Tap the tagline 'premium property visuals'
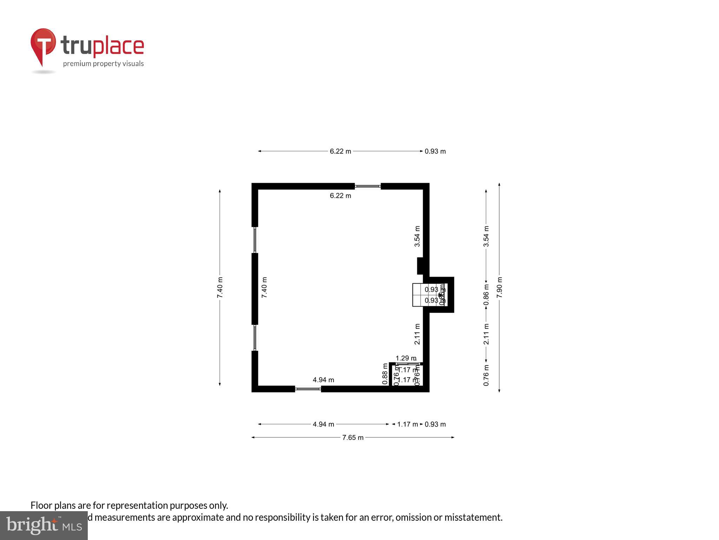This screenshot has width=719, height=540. click(x=103, y=64)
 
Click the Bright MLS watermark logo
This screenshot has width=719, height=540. click(x=44, y=525)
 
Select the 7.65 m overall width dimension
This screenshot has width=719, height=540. click(x=353, y=437)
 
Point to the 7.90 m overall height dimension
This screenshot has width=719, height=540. click(x=499, y=287)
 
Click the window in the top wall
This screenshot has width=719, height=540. click(x=368, y=186)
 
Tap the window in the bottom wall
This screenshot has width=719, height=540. click(x=308, y=389)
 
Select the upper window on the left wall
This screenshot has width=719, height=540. click(x=255, y=240)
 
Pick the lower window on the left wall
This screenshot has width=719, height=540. click(x=255, y=337)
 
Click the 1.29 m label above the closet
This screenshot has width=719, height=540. click(x=406, y=358)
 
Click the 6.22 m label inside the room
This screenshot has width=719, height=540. click(x=340, y=195)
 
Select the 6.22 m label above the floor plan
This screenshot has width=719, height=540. click(x=340, y=151)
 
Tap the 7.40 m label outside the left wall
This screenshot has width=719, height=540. click(x=220, y=287)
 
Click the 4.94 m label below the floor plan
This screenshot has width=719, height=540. click(x=323, y=424)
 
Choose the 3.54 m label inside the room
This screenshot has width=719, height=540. click(x=417, y=236)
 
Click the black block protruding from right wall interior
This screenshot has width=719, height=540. click(x=420, y=266)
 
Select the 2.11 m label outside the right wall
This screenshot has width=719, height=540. click(x=486, y=334)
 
